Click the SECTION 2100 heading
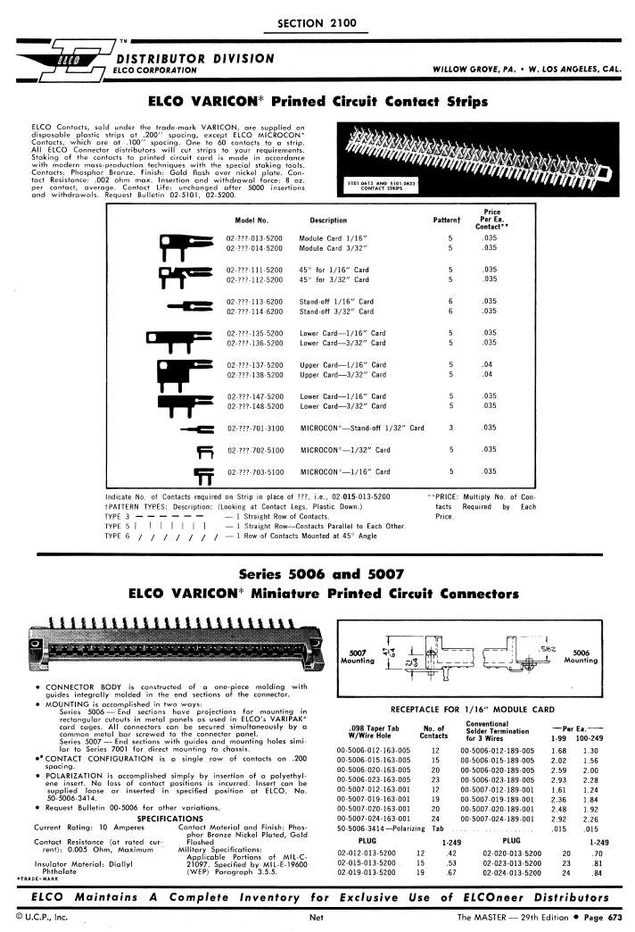tap(317, 21)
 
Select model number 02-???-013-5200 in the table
tap(255, 239)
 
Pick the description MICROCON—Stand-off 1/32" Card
tap(362, 428)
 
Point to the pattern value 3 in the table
tap(451, 428)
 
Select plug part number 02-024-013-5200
tap(519, 872)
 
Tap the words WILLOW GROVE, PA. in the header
tap(475, 68)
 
